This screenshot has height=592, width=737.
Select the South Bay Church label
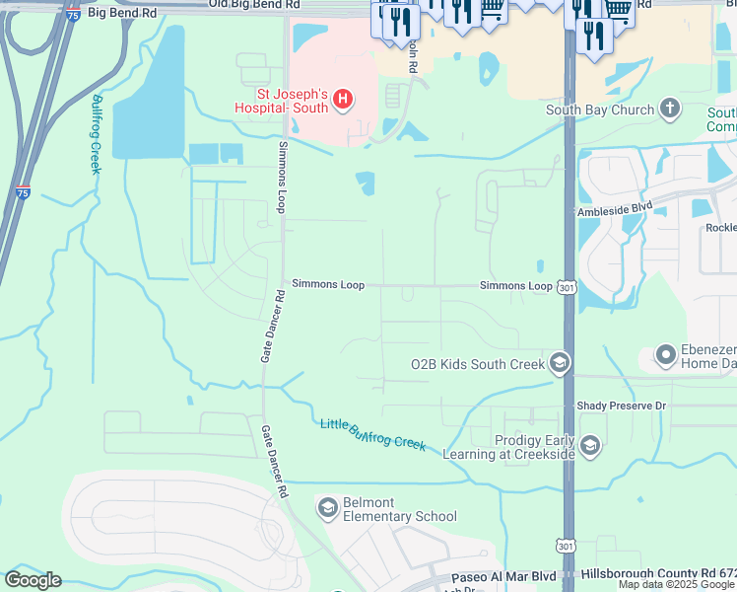pyautogui.click(x=600, y=110)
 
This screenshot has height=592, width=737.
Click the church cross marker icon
pyautogui.click(x=670, y=109)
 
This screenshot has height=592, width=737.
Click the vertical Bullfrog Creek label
pyautogui.click(x=96, y=134)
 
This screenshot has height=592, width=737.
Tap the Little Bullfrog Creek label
pyautogui.click(x=372, y=434)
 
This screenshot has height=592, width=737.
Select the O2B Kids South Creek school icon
pyautogui.click(x=560, y=364)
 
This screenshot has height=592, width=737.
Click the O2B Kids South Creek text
pyautogui.click(x=477, y=365)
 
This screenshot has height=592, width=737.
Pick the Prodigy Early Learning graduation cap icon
pyautogui.click(x=590, y=447)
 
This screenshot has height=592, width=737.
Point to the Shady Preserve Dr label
pyautogui.click(x=621, y=406)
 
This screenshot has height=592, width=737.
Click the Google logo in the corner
pyautogui.click(x=33, y=580)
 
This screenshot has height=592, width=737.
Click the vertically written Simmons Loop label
pyautogui.click(x=281, y=178)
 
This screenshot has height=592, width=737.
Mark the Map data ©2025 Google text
pyautogui.click(x=676, y=585)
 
